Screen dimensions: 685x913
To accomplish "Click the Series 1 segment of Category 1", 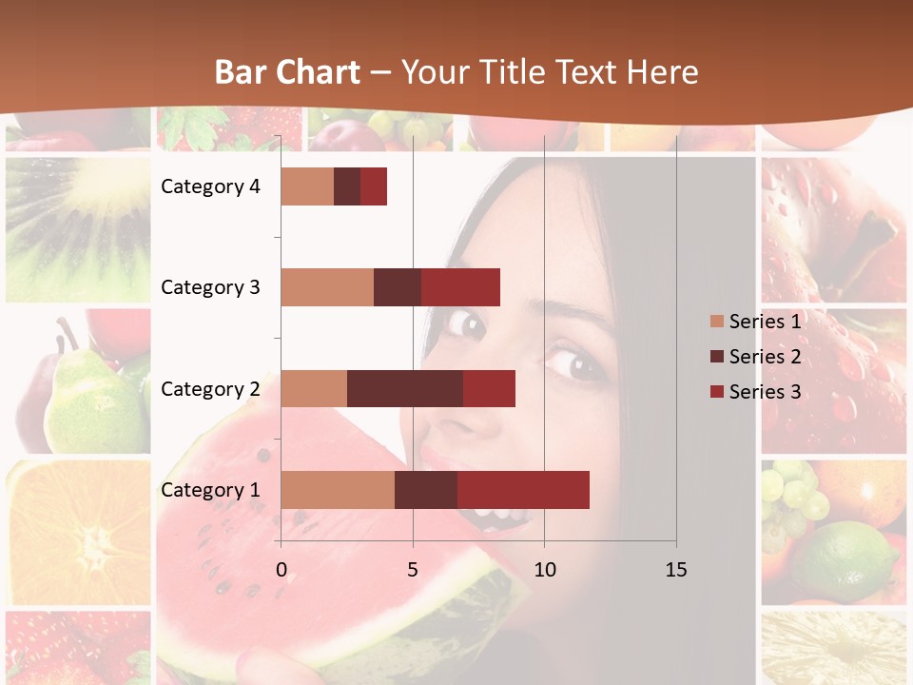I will [x=337, y=490].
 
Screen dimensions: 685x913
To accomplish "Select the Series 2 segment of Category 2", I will [x=404, y=388].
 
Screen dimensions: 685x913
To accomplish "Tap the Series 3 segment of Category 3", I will [x=460, y=287].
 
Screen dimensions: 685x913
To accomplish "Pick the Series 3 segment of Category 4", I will [x=374, y=186].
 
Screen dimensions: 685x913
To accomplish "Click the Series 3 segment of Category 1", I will [x=523, y=490].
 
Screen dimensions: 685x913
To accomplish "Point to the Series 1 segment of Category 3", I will [x=326, y=287].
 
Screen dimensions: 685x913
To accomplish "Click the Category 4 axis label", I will [x=210, y=186].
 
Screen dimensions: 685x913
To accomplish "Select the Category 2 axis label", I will [x=210, y=389].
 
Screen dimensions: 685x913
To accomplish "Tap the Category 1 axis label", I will [x=210, y=490].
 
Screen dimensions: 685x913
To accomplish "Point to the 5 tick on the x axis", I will [x=413, y=570].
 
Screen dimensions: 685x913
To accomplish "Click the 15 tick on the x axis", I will [x=676, y=570].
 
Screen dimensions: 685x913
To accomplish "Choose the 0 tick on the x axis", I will [x=281, y=570].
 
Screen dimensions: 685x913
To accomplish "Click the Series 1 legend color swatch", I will [x=716, y=322].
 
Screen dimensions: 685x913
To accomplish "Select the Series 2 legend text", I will [x=765, y=357].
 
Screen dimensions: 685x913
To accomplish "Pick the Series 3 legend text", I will [x=765, y=391].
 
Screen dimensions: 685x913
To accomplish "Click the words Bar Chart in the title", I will [x=287, y=72].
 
